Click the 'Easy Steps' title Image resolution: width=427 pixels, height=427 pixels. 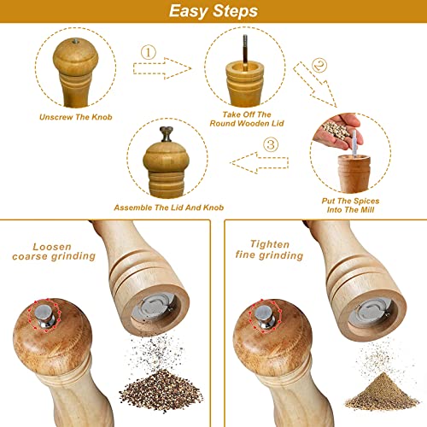coord(213,12)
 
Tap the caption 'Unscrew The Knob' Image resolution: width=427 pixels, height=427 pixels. coord(73,117)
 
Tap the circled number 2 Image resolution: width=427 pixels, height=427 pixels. coord(319,62)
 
